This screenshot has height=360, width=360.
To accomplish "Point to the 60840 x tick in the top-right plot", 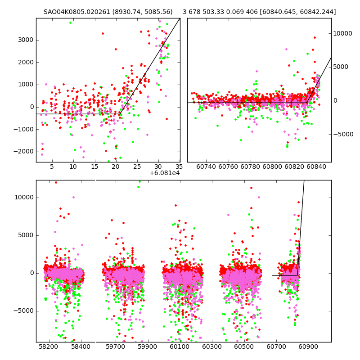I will tap(317, 166).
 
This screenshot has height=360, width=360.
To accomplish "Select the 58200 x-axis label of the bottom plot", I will tap(48, 347).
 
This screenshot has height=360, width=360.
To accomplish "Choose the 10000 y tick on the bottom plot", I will tap(22, 197).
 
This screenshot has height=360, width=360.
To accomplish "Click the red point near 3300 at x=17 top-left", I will tap(103, 33).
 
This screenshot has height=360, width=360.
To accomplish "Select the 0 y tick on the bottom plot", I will tap(31, 273).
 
